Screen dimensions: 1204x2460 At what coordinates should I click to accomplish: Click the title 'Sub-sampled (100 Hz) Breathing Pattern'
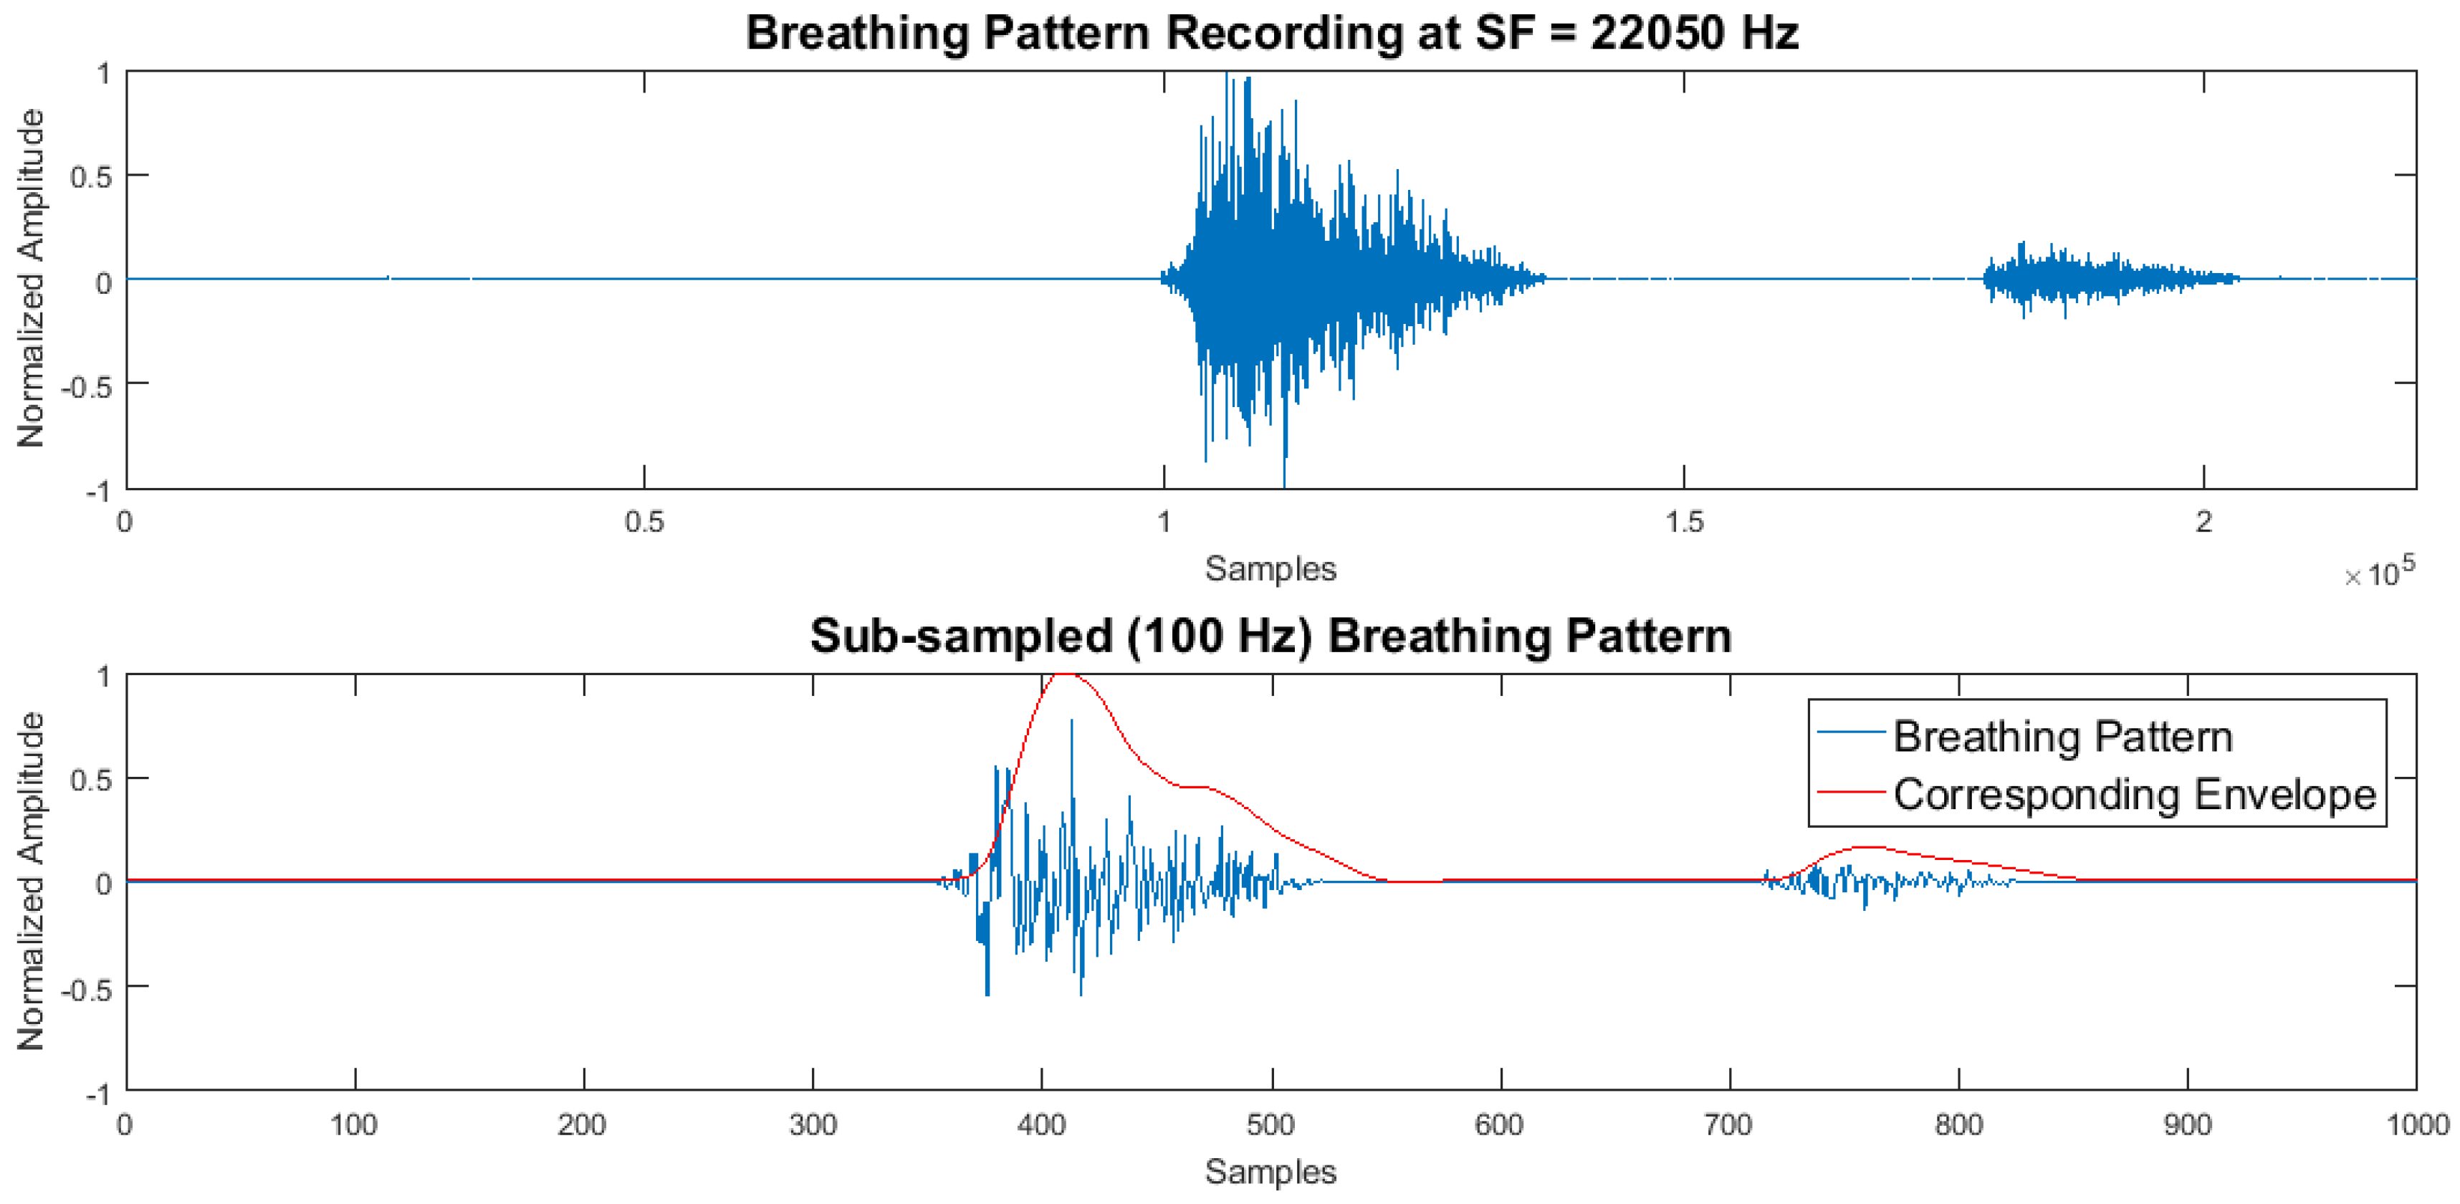[1271, 636]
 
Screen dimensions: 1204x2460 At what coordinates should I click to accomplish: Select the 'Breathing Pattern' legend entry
[2063, 736]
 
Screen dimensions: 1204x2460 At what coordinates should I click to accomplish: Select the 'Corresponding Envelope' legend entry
[2135, 794]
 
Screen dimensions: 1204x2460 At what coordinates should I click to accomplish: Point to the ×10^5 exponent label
[2380, 572]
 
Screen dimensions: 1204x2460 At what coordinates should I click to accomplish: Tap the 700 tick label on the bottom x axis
[1728, 1124]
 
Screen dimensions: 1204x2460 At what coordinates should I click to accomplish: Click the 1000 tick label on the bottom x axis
[2417, 1124]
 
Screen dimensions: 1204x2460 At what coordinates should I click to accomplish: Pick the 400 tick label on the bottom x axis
[1041, 1124]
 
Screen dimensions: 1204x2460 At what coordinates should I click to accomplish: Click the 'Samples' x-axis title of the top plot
[1270, 569]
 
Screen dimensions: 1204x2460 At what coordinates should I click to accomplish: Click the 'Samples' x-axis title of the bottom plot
[1270, 1172]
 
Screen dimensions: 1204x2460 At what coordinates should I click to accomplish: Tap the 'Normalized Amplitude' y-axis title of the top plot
[32, 278]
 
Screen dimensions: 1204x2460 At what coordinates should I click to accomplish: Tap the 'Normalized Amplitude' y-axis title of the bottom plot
[32, 881]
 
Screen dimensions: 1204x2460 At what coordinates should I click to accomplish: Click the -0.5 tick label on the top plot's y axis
[86, 387]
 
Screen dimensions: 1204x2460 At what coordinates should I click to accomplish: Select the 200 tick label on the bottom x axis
[583, 1124]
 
